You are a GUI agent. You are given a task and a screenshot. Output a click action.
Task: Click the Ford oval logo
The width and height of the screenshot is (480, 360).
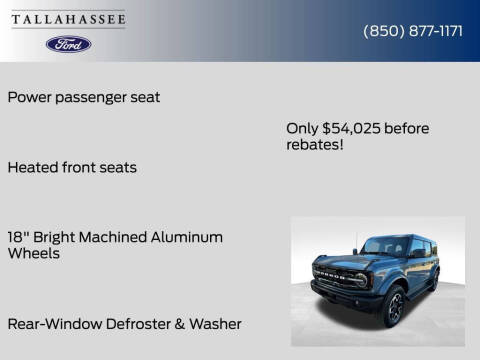pos(68,44)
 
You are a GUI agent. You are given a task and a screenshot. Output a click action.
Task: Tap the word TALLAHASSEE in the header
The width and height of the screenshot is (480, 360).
pos(68,19)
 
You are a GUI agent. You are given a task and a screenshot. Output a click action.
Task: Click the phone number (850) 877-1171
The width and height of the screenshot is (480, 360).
pos(412,31)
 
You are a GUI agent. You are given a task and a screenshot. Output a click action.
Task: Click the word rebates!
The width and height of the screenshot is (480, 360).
pos(314,145)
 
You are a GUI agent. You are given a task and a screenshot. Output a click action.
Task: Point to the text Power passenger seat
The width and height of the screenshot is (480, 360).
pos(84,97)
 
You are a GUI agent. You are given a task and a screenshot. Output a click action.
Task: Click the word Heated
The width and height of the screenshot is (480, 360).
pos(32,167)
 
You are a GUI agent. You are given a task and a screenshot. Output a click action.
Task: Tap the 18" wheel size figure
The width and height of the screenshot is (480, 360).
pos(17,237)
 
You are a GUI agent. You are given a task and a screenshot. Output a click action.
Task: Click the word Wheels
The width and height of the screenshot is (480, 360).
pos(34,254)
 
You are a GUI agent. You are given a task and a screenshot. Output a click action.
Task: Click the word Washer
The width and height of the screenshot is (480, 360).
pos(217,324)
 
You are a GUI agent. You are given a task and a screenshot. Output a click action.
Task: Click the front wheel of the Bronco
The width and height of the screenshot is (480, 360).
pos(394,308)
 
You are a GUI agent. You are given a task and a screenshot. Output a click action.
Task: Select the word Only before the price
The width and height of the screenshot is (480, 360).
pos(302,129)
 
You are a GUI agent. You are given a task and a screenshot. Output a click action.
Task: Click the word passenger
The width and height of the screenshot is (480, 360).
pos(91,97)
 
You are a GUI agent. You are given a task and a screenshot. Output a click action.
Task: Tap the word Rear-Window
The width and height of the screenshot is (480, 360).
pos(50,324)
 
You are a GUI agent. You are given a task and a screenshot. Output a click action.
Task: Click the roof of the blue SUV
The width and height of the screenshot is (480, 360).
pos(400,236)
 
